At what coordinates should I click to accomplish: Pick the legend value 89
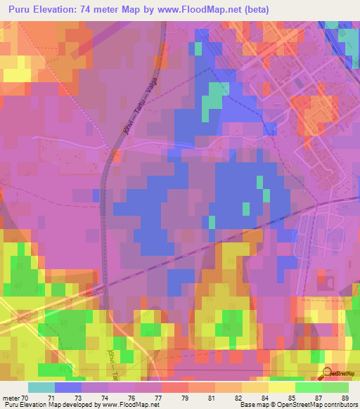[x=345, y=397]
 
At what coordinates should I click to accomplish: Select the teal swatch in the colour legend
[x=41, y=387]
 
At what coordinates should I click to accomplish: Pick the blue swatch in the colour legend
[x=68, y=387]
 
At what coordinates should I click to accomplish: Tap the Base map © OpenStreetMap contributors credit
[x=297, y=405]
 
